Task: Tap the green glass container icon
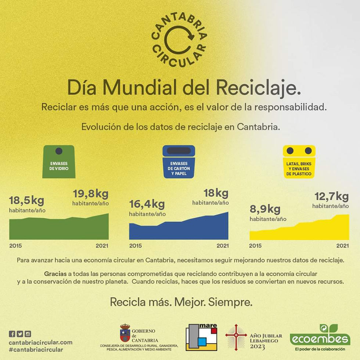click(59, 162)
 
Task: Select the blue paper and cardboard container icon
click(179, 162)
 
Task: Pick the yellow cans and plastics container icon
click(299, 162)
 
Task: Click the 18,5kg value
click(26, 201)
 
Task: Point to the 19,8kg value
click(90, 194)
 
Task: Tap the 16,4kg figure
click(147, 204)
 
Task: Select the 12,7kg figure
click(331, 197)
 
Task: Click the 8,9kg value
click(265, 210)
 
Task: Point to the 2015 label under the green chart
click(15, 245)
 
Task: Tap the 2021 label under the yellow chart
click(342, 245)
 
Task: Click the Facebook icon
click(12, 334)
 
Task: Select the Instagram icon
click(28, 334)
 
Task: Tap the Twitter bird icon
click(20, 334)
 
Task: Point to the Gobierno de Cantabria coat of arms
click(125, 333)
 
